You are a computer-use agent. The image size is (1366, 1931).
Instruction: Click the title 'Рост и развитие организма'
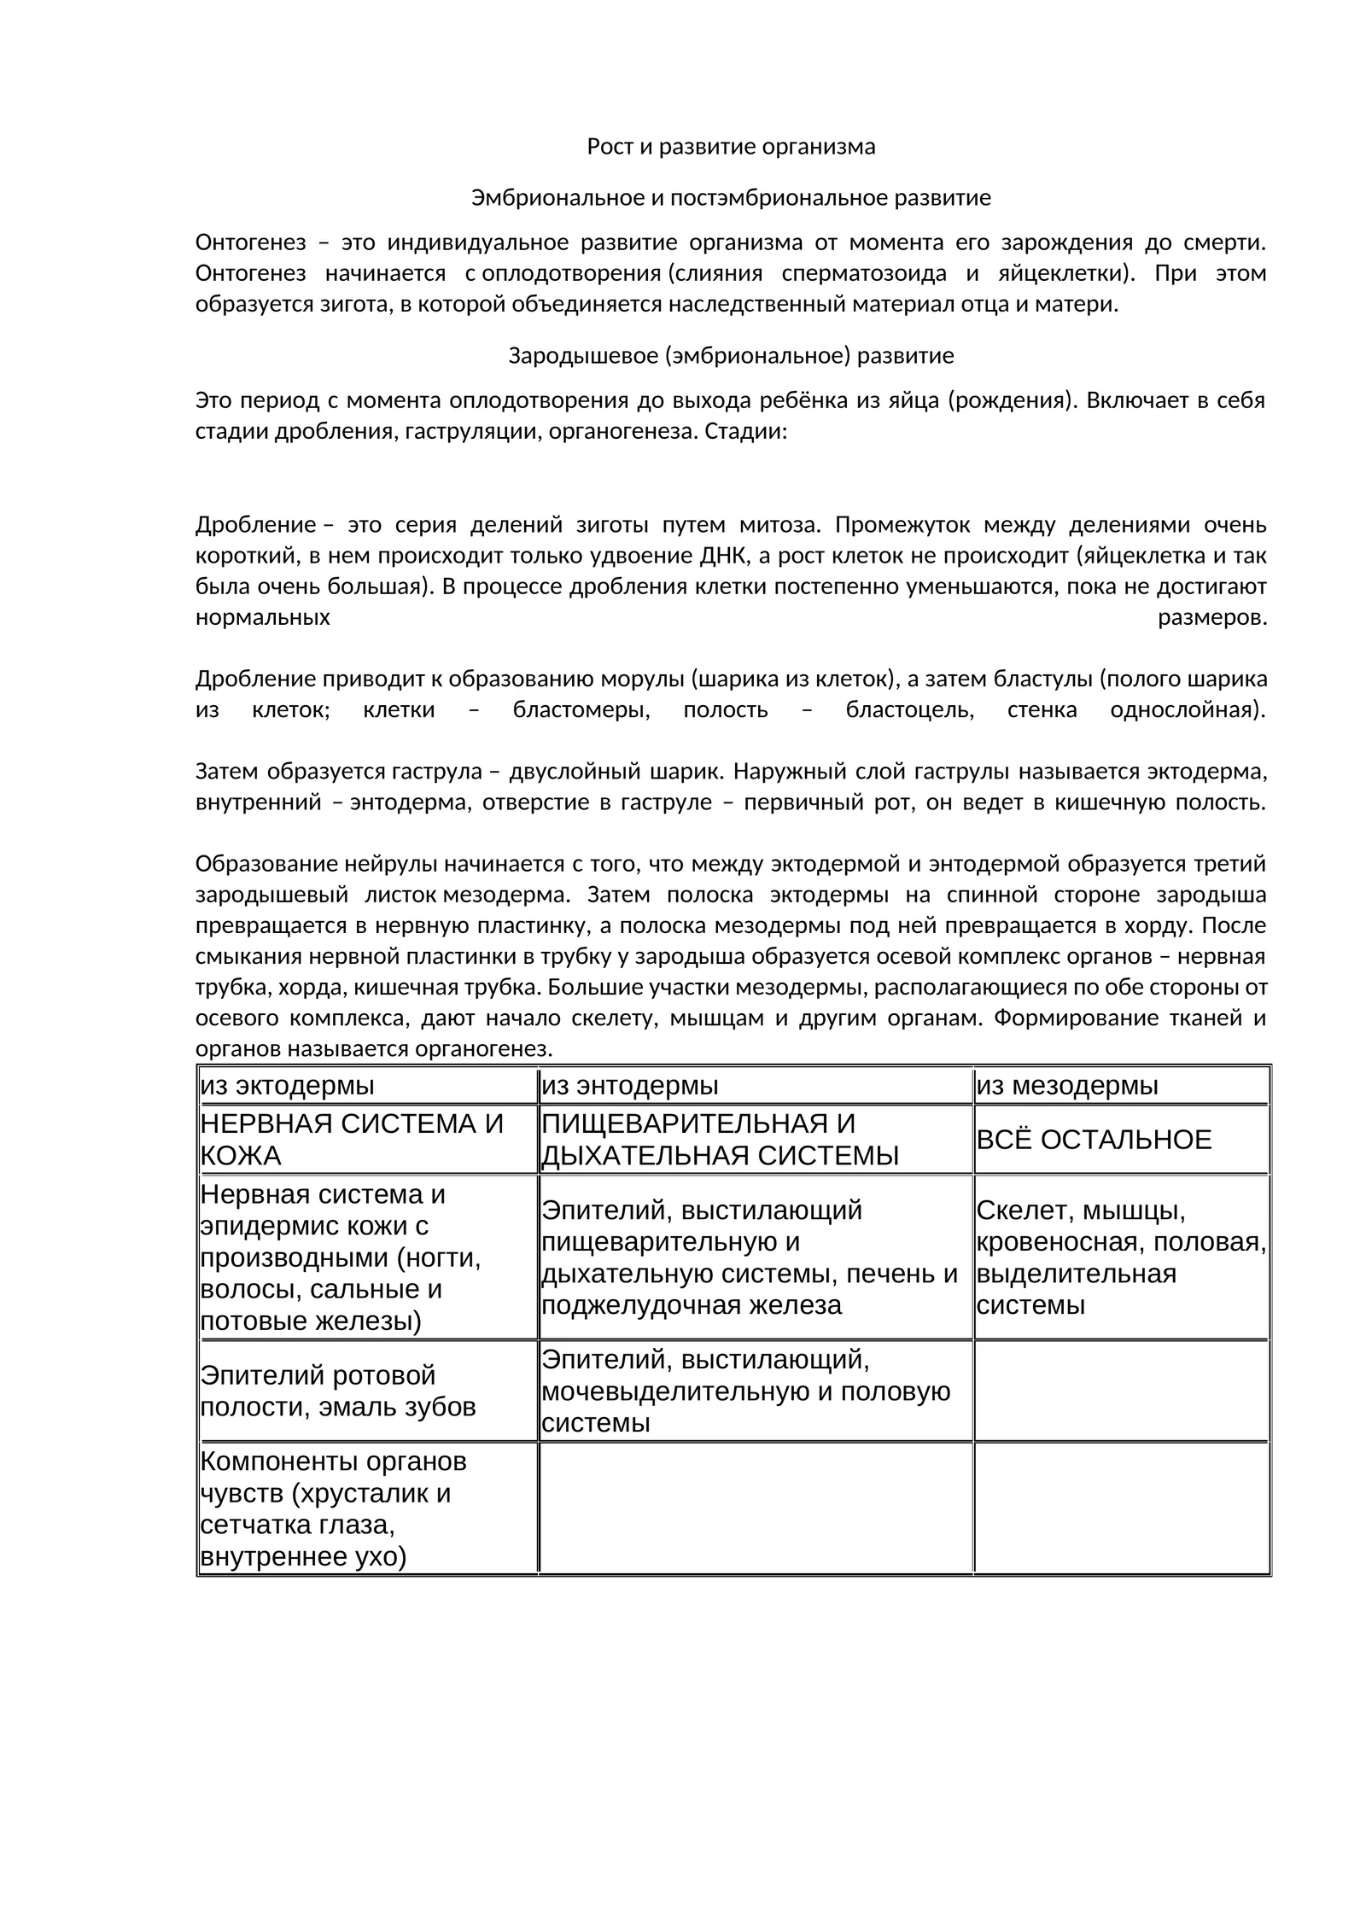tap(731, 147)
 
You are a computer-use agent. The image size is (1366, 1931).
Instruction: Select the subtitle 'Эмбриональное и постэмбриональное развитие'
tap(731, 198)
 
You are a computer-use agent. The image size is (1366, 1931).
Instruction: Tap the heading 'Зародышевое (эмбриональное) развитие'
tap(731, 356)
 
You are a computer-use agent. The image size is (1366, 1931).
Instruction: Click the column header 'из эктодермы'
tap(288, 1086)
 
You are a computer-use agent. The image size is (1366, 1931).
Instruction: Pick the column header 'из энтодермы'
tap(630, 1086)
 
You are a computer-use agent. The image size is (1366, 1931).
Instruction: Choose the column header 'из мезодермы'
tap(1067, 1086)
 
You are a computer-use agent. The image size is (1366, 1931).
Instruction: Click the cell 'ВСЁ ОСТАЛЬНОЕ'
tap(1094, 1140)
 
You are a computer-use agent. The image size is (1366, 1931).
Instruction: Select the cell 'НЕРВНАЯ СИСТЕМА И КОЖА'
tap(352, 1140)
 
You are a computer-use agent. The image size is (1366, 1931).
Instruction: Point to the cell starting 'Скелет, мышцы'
tap(1120, 1257)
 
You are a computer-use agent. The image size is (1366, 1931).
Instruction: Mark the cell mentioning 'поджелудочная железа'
tap(750, 1257)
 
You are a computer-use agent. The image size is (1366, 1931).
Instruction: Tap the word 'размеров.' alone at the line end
tap(1211, 617)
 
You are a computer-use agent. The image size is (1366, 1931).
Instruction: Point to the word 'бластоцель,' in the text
tap(909, 709)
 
